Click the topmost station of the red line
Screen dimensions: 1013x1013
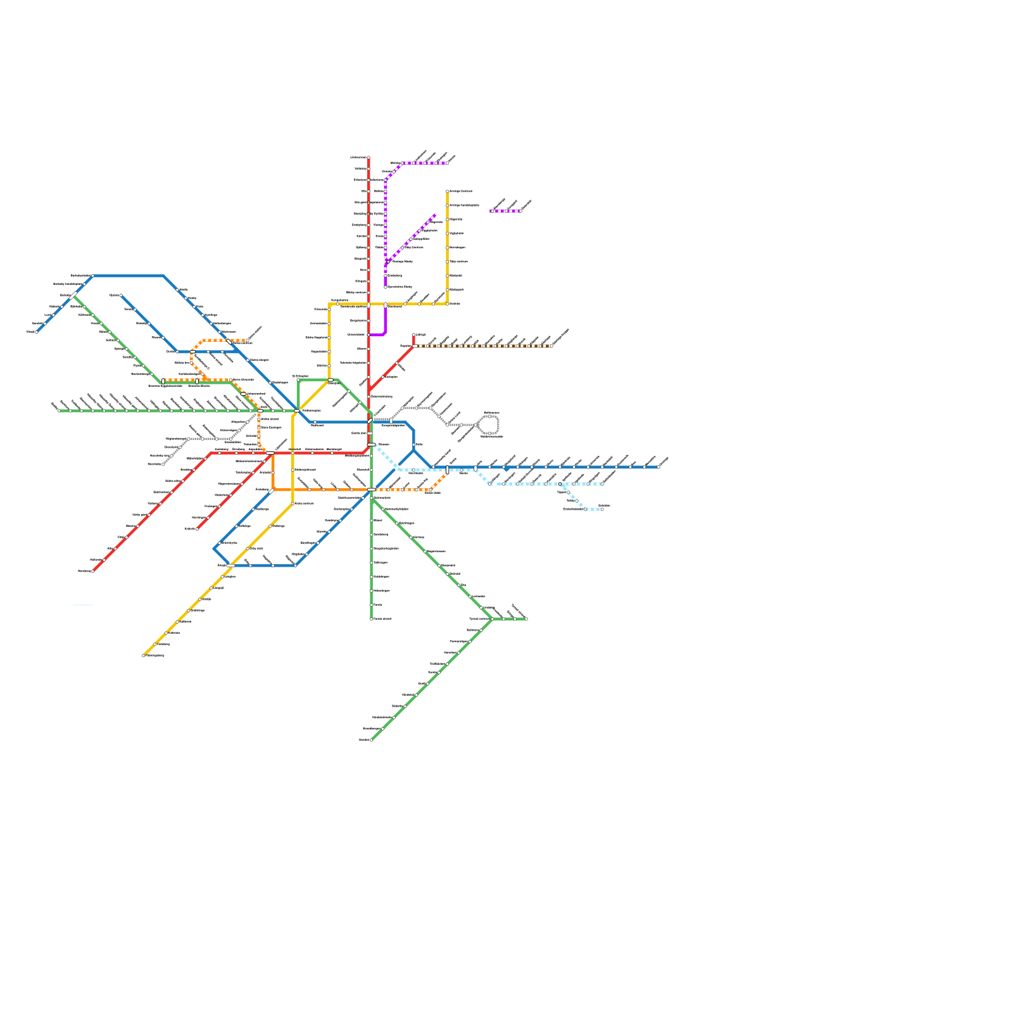[x=368, y=157]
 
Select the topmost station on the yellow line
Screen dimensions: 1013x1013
[x=448, y=191]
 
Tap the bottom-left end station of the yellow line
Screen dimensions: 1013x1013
[x=144, y=655]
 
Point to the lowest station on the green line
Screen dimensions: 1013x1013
[x=371, y=739]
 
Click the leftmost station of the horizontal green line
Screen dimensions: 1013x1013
[x=58, y=410]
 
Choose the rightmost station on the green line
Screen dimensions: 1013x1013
[x=526, y=619]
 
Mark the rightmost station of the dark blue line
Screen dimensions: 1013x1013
[x=658, y=467]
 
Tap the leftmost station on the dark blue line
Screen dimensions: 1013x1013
[x=36, y=332]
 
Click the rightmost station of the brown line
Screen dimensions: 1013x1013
[x=551, y=346]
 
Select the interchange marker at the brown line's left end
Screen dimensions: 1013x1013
[x=415, y=346]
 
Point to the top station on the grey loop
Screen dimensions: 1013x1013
[x=490, y=416]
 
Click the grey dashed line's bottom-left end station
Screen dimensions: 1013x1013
[x=163, y=464]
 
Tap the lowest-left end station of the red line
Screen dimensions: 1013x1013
[x=92, y=571]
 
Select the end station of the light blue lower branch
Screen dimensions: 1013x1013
[x=601, y=509]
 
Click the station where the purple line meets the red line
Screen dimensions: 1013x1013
[x=368, y=334]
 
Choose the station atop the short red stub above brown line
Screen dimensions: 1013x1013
[x=414, y=334]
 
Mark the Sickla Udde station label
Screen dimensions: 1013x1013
[x=432, y=493]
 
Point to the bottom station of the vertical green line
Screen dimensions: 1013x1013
[x=371, y=619]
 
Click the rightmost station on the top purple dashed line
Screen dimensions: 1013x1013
[x=448, y=163]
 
